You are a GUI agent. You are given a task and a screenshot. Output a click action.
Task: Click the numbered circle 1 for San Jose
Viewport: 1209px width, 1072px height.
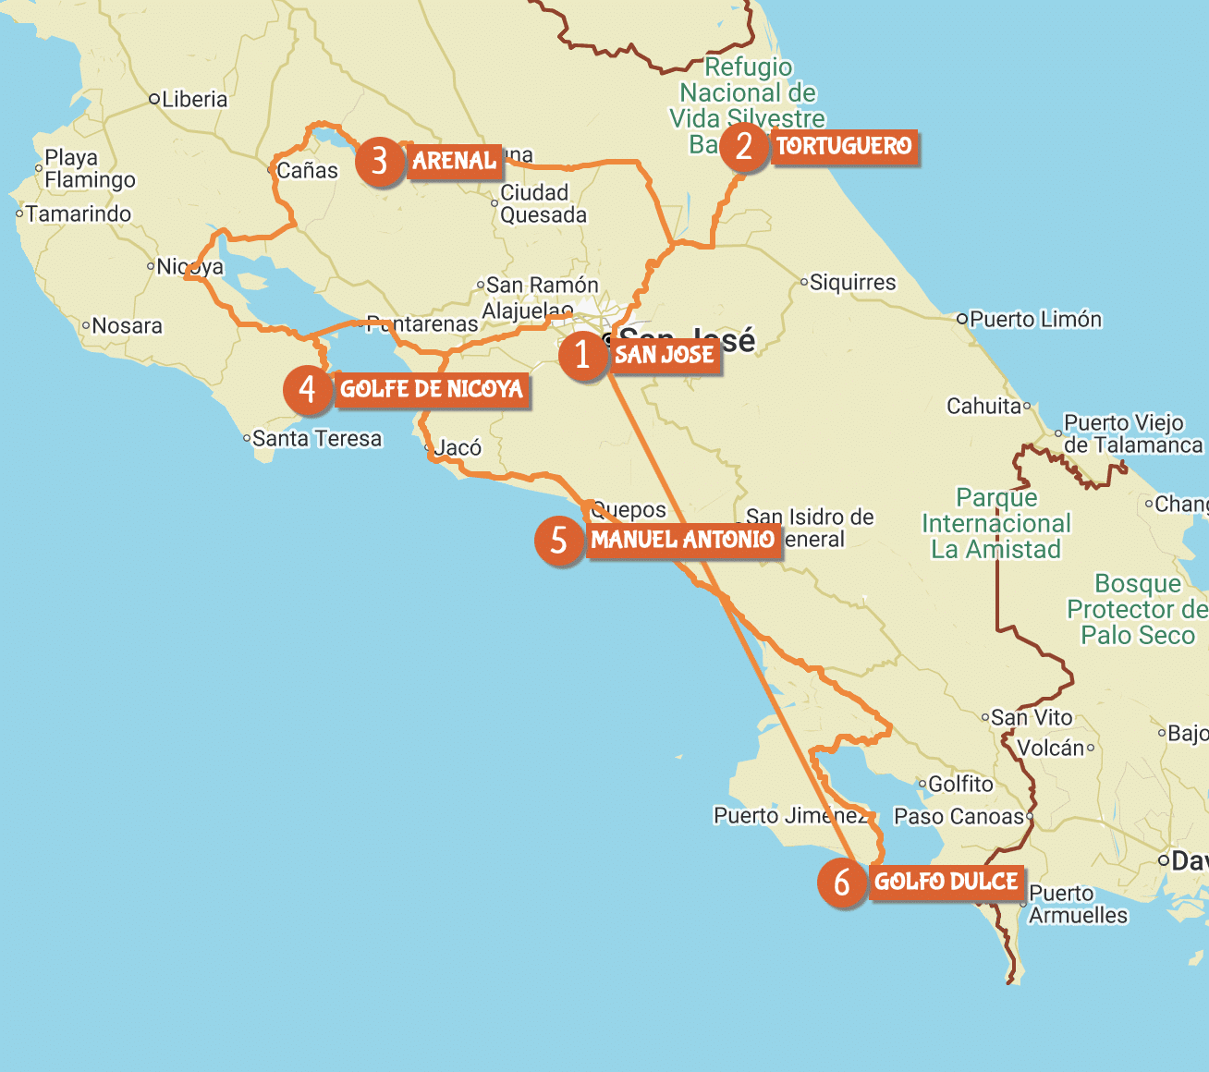[x=582, y=355]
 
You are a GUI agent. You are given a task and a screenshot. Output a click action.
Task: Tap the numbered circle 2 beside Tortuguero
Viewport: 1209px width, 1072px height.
[x=744, y=147]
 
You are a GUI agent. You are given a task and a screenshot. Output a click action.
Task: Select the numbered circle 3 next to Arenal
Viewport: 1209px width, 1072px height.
[x=379, y=162]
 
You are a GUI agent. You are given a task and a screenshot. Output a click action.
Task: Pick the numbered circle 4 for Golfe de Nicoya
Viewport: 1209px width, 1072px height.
[x=308, y=390]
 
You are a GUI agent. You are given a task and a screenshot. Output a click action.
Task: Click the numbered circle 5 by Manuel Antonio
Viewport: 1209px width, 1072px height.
[x=558, y=540]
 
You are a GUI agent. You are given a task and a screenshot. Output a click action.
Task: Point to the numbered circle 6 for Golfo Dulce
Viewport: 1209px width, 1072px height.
[x=841, y=883]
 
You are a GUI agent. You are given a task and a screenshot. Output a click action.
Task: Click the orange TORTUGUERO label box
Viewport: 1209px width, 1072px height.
[x=844, y=147]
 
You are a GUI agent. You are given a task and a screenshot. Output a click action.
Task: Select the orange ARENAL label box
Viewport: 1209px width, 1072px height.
[x=454, y=162]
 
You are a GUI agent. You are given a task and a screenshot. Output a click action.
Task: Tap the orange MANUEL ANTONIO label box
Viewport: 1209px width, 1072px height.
[x=683, y=540]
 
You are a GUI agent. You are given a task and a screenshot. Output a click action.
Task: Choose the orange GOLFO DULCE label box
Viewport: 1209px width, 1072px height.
[x=946, y=883]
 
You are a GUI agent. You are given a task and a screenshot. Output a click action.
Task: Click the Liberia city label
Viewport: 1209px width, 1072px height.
[x=194, y=100]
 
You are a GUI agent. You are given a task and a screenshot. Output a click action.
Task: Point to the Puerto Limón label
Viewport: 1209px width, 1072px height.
[x=1035, y=320]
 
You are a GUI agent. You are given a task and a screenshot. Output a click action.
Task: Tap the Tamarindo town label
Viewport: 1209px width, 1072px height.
[x=79, y=214]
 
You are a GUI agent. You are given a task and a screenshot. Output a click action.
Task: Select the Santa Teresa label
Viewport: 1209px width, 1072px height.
[x=316, y=439]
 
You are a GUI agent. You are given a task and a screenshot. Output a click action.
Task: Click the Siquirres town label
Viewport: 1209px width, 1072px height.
[x=852, y=283]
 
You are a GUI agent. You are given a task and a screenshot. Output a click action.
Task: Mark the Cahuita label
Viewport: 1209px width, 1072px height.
[x=984, y=407]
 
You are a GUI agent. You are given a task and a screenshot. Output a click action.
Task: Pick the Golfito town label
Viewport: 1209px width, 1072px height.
[x=960, y=785]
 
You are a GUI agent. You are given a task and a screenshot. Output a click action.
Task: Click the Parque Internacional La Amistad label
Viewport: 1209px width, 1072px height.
[x=995, y=524]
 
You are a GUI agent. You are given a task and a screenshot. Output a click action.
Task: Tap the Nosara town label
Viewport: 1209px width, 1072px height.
[x=127, y=326]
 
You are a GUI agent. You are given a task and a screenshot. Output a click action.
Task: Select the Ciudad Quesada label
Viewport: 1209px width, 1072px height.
[x=543, y=204]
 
